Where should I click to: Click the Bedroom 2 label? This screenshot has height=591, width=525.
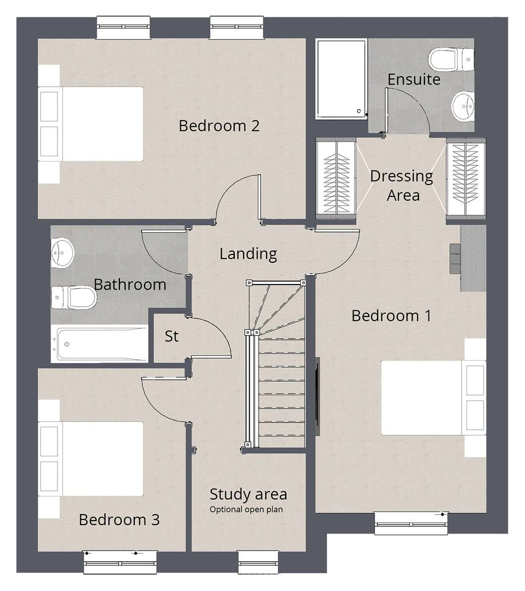coord(219,126)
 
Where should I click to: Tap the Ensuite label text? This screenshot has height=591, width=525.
coord(414,79)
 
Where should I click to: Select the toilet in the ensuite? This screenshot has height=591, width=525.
coord(451,59)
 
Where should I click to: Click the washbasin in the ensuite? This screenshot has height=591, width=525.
coord(463,106)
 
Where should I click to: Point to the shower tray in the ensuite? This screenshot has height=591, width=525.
coord(342,79)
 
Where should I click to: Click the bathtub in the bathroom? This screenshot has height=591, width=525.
coord(100,344)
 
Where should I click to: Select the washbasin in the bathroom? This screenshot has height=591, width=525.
coord(62,252)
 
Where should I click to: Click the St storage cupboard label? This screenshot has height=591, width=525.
coord(172,336)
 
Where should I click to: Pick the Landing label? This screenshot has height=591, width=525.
coord(248,254)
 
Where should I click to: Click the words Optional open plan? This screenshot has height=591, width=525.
coord(246,510)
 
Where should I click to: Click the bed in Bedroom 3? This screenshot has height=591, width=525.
coord(91,459)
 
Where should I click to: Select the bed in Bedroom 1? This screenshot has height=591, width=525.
coord(433,398)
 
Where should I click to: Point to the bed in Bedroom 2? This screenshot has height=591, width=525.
coord(91,124)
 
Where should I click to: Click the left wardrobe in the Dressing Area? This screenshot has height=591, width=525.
coord(336,178)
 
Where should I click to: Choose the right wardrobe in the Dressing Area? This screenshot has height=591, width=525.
coord(466,178)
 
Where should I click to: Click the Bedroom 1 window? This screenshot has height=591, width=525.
coord(412,523)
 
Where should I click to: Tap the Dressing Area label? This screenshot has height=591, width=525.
coord(402,186)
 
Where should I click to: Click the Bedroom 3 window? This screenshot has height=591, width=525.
coord(120,563)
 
